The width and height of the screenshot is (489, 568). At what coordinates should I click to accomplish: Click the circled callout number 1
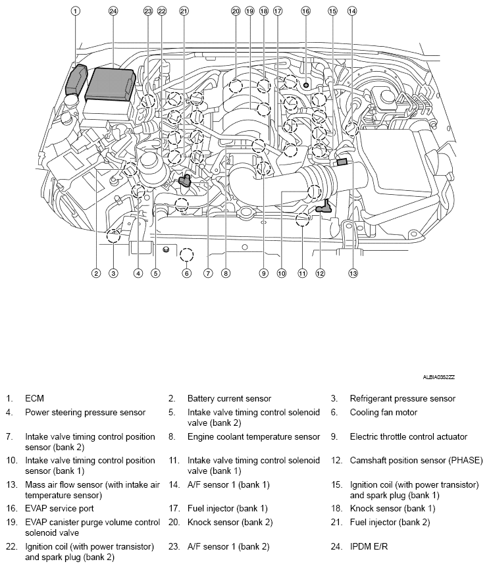tap(76, 11)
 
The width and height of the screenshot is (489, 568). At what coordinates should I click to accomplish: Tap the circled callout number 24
tap(113, 11)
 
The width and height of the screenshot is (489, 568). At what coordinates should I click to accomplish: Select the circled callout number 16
tap(305, 11)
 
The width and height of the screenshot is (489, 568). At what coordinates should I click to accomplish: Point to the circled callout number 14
tap(352, 11)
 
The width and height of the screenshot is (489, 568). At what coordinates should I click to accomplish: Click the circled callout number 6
tap(187, 273)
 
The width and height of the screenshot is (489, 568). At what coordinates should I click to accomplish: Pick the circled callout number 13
tap(353, 273)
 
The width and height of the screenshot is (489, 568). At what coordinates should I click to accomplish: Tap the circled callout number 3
tap(113, 273)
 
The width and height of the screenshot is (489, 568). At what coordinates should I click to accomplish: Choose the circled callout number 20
tap(236, 11)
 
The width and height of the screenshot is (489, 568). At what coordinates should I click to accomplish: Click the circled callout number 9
tap(263, 273)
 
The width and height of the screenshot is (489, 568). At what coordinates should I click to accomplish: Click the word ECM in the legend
tap(34, 398)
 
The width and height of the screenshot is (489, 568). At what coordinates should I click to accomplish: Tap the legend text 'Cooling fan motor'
tap(383, 413)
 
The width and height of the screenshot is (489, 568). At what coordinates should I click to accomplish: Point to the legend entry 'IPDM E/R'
tap(370, 546)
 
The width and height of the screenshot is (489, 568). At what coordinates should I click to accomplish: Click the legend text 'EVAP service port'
tap(59, 508)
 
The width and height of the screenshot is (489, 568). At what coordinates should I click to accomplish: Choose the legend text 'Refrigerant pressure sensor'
tap(402, 398)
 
